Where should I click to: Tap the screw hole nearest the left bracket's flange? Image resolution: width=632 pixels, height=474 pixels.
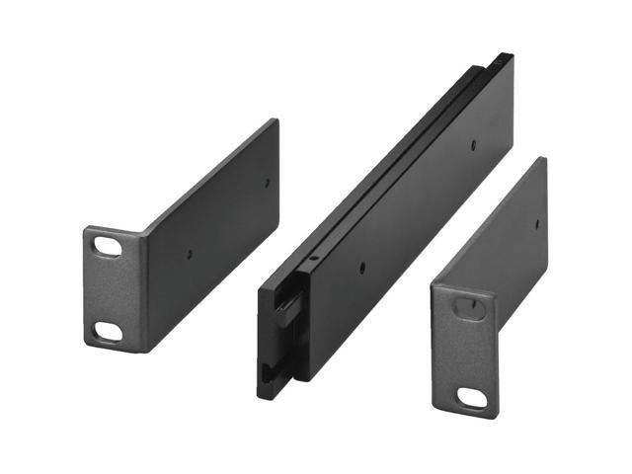click(x=191, y=253)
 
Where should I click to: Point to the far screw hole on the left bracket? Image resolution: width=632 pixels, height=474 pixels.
click(x=267, y=181)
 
